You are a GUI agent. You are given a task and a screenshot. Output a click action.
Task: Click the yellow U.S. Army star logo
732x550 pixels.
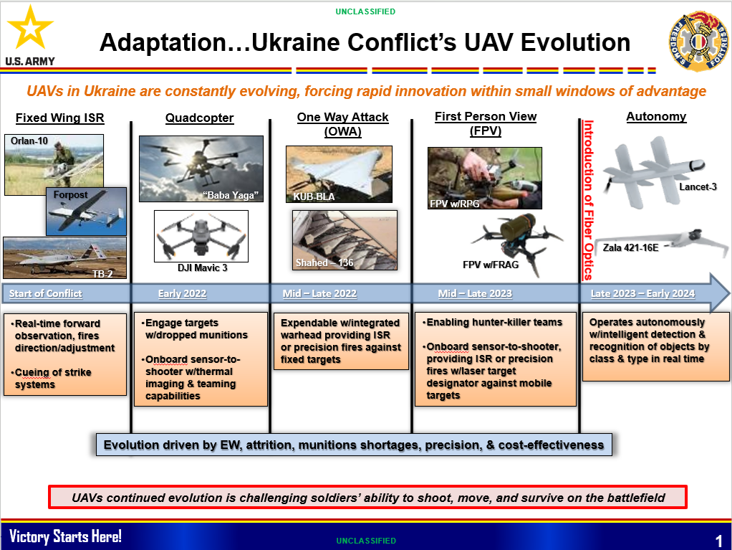click(30, 28)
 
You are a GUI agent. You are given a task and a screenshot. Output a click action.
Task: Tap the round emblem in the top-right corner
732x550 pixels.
click(699, 41)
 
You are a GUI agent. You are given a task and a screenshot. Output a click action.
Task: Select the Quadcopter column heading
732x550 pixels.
click(199, 118)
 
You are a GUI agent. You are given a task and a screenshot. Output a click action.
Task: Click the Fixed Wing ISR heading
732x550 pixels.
click(59, 118)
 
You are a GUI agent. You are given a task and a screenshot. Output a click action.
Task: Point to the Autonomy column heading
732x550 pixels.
click(656, 116)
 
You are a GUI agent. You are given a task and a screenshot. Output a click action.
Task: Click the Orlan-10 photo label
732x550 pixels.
click(29, 141)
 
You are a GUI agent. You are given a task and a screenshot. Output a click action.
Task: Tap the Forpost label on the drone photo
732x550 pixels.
click(70, 194)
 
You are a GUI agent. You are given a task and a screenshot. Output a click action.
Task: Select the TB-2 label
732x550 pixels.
click(102, 274)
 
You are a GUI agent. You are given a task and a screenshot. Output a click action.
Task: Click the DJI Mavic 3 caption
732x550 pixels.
click(202, 267)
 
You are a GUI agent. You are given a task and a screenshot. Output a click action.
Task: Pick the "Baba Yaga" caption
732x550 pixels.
click(231, 195)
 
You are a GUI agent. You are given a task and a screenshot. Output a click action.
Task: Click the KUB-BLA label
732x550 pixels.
click(314, 196)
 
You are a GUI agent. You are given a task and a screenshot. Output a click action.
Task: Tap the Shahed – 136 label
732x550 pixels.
click(324, 262)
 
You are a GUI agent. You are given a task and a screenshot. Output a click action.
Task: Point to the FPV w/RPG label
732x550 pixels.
click(455, 204)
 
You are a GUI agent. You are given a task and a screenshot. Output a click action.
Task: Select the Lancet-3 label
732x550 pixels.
click(698, 187)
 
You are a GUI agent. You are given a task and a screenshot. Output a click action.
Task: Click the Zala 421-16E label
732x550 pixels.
click(631, 247)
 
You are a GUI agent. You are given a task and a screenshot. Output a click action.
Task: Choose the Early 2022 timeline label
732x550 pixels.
click(182, 293)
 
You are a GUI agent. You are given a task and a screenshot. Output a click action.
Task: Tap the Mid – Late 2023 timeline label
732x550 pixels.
click(475, 293)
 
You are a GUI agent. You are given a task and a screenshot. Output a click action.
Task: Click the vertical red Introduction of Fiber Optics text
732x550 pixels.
click(589, 200)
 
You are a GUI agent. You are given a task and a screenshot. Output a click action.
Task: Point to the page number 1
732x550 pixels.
click(719, 541)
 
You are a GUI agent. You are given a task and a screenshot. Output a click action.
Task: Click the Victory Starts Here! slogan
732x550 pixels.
click(65, 536)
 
